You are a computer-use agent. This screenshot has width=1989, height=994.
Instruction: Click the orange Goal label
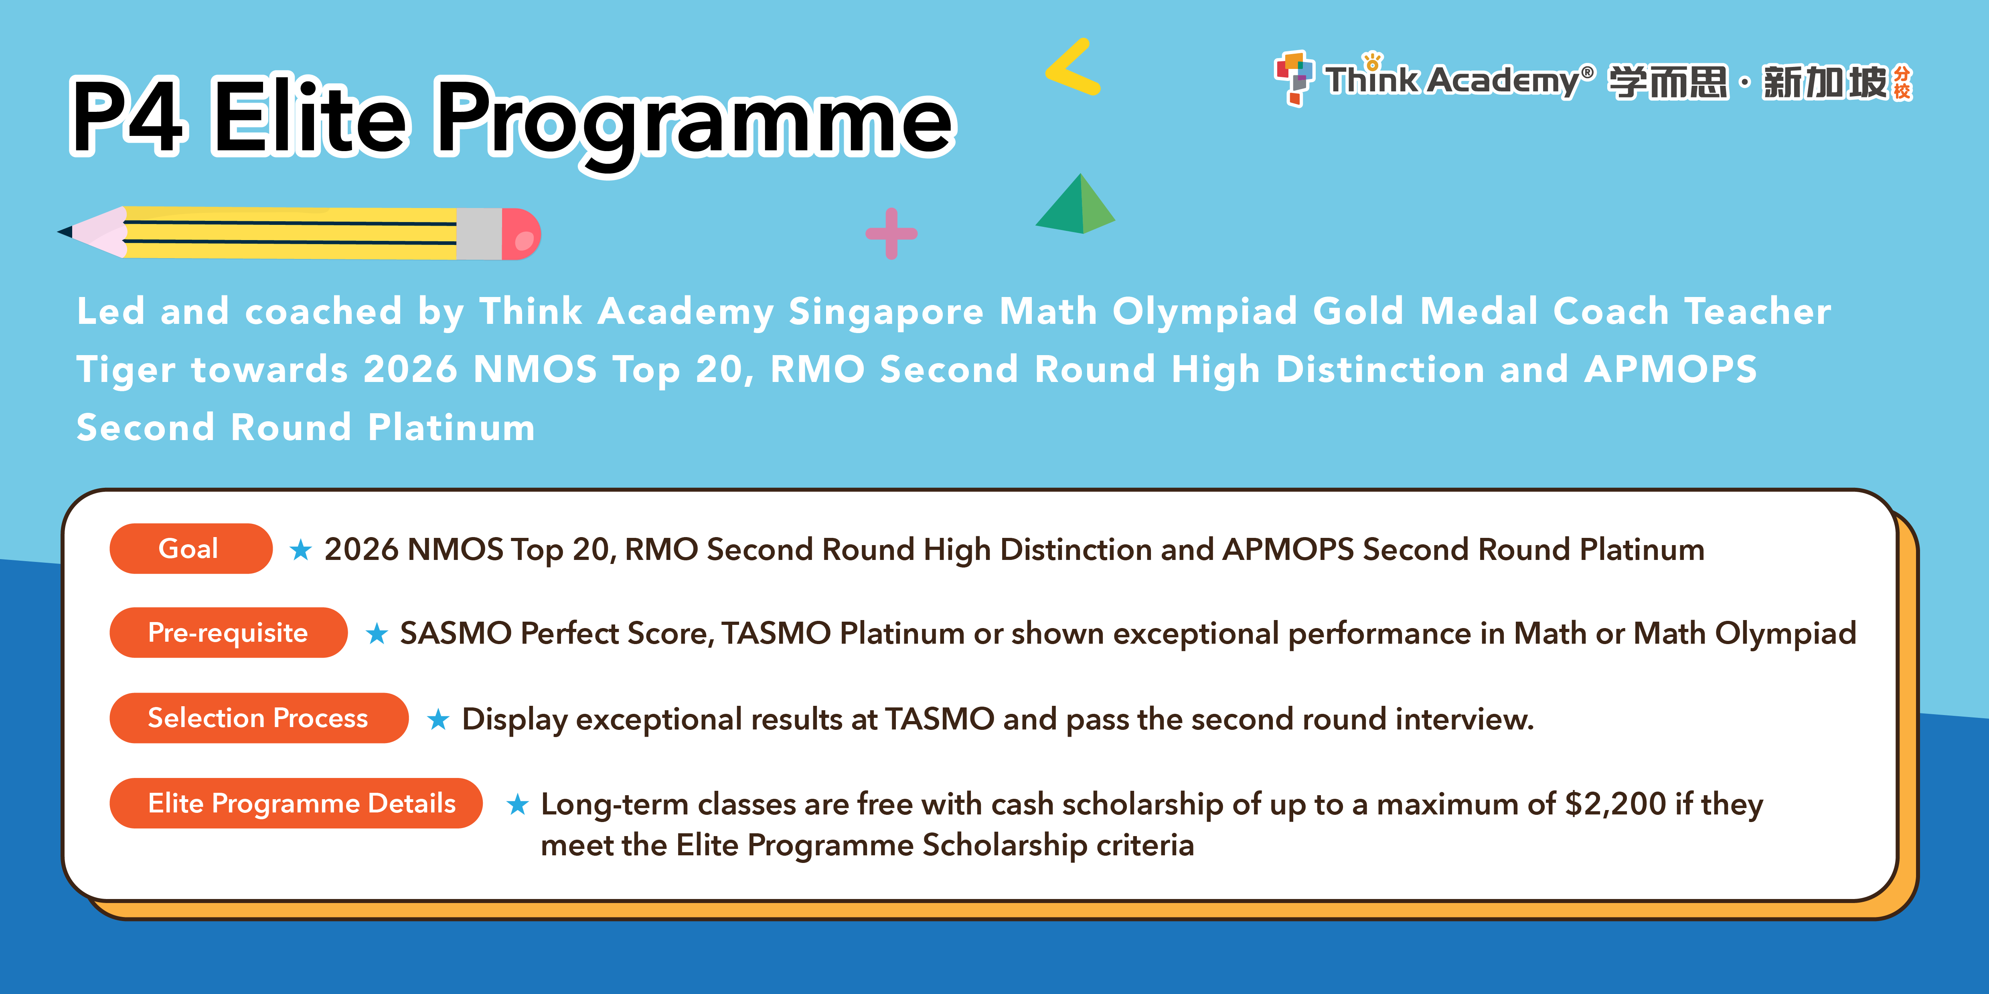[191, 549]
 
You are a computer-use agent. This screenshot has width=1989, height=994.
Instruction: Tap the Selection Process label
[259, 718]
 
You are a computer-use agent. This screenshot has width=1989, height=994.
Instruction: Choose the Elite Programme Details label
[296, 803]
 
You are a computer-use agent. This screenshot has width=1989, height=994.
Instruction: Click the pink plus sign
[892, 233]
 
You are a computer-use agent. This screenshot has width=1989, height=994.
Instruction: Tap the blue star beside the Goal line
[300, 550]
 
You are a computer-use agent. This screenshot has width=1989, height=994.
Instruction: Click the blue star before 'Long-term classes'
[517, 805]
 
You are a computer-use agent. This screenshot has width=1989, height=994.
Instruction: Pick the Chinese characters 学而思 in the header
[1668, 82]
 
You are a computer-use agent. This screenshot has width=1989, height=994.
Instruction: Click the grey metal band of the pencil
[479, 234]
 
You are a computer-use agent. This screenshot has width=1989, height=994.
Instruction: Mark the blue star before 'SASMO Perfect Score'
[376, 634]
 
